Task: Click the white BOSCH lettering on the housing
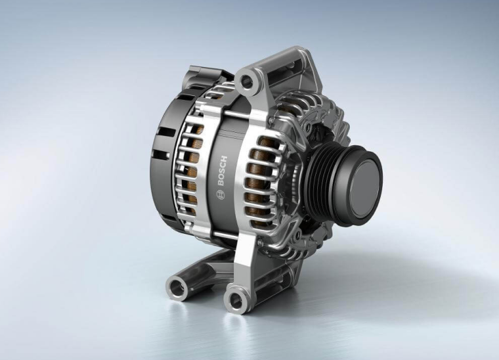[x=222, y=171]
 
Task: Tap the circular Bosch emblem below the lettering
[x=220, y=195]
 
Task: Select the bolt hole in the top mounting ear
[x=247, y=82]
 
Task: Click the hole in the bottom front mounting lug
[x=236, y=299]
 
